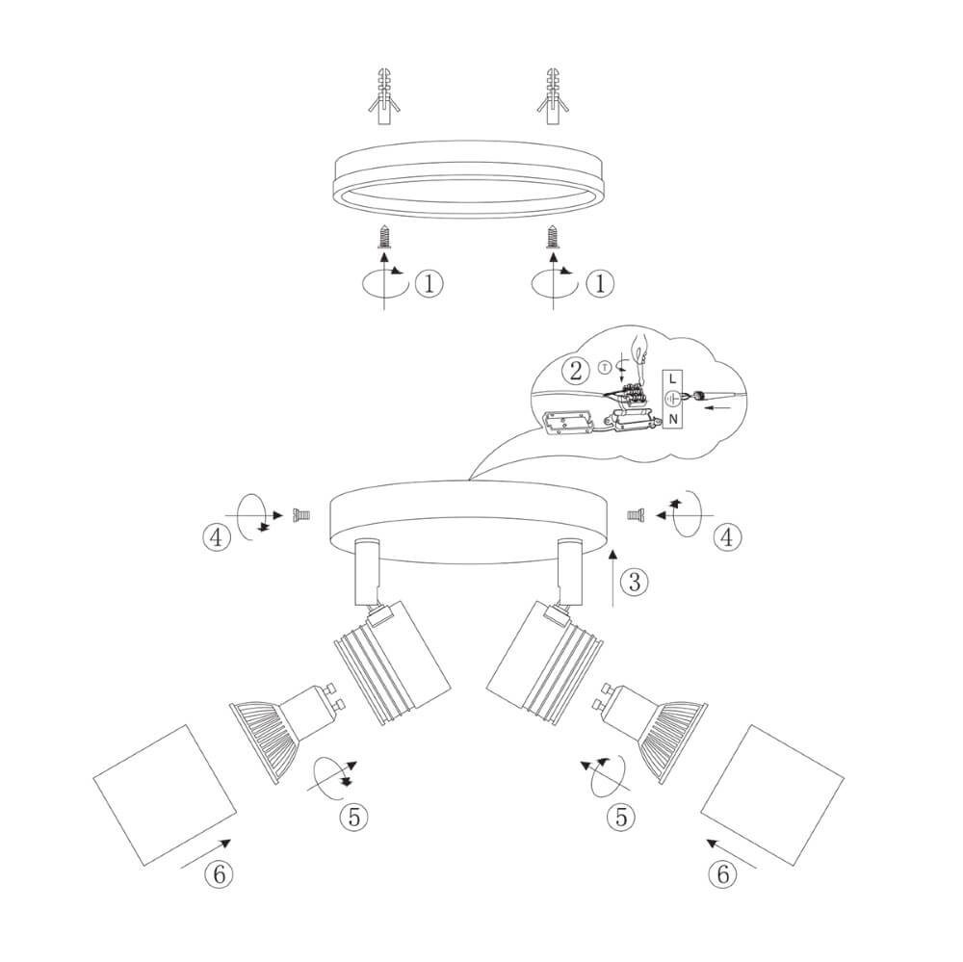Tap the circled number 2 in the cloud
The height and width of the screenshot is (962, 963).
click(x=575, y=371)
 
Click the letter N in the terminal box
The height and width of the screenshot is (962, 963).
click(x=672, y=419)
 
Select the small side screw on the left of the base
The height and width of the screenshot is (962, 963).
click(x=299, y=517)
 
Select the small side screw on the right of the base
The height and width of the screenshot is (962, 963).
click(x=636, y=517)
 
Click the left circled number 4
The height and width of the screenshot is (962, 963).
click(x=217, y=537)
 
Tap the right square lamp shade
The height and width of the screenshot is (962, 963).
click(x=775, y=792)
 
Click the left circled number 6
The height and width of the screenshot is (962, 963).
click(x=219, y=873)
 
